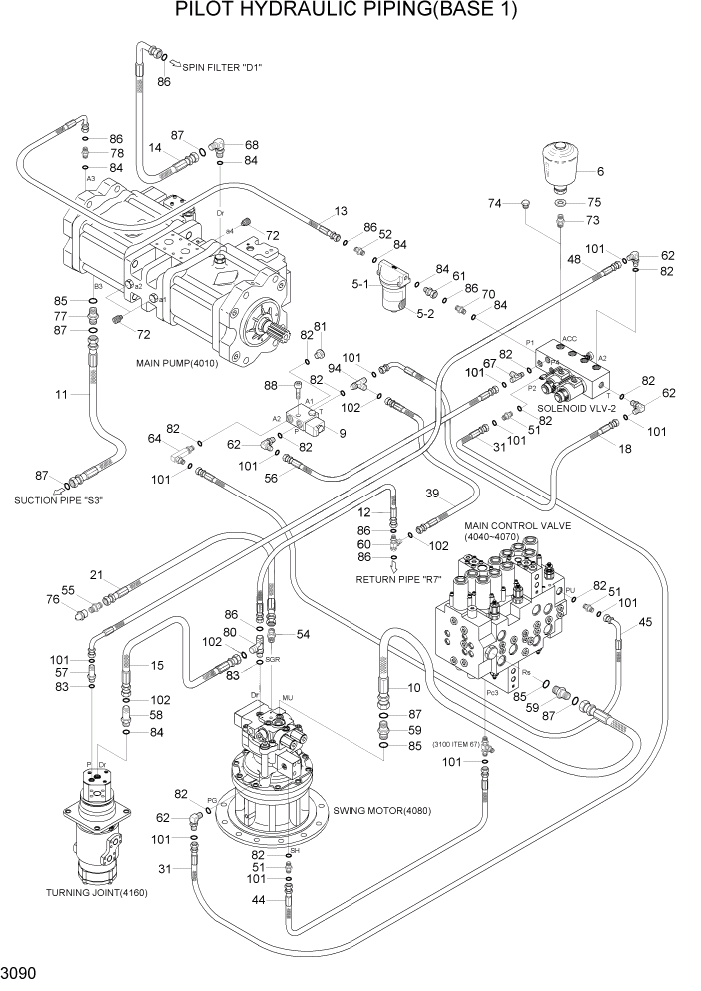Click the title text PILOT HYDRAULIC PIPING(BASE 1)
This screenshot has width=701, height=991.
(349, 13)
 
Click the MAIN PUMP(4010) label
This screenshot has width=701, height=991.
(177, 362)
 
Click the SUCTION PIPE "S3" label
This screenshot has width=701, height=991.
(59, 499)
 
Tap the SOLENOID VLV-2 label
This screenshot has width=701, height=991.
(579, 407)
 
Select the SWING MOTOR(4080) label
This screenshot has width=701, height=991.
(381, 810)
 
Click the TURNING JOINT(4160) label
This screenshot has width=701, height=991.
(97, 892)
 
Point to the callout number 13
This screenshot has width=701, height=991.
(341, 211)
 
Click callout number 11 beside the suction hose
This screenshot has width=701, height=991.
(60, 395)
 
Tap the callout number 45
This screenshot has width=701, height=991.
(644, 622)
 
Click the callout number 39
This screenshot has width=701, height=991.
(432, 495)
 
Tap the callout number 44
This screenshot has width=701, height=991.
(258, 899)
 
